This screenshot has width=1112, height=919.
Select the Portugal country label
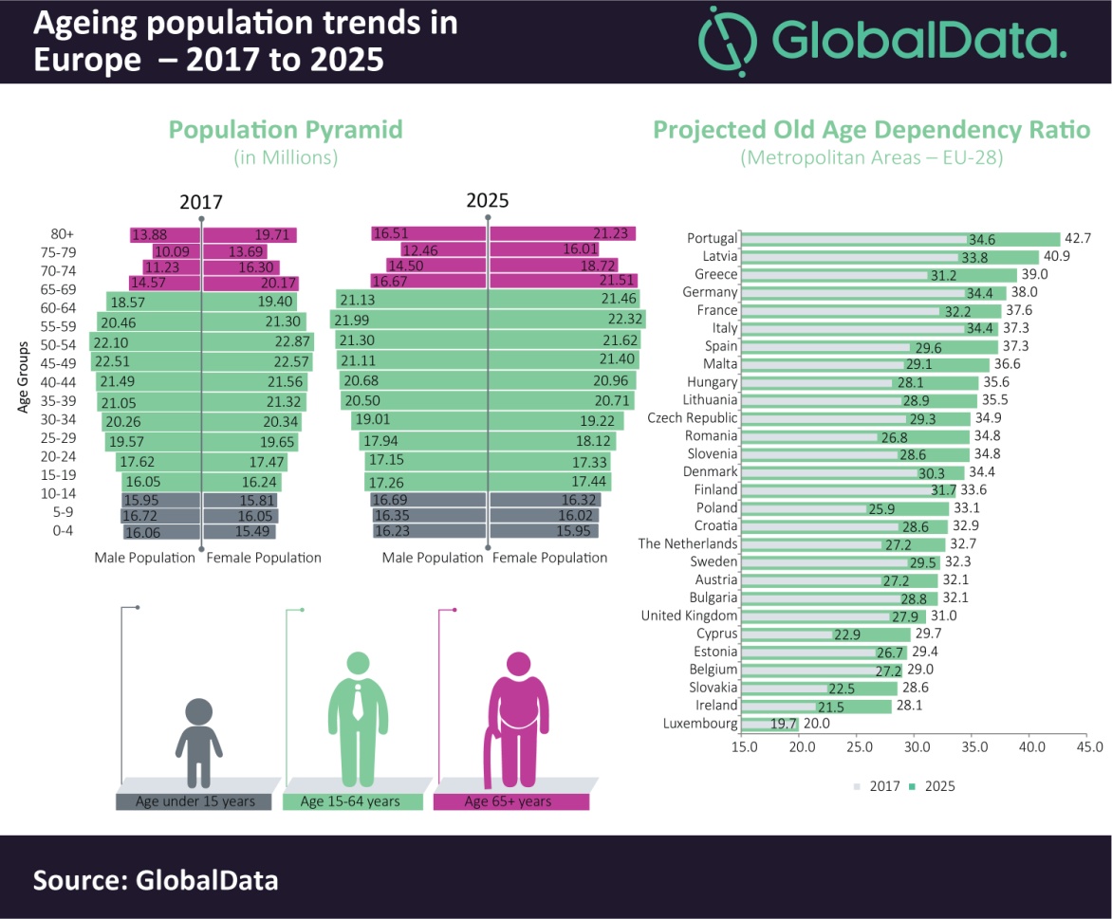(x=712, y=238)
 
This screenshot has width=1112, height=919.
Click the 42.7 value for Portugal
(x=1082, y=238)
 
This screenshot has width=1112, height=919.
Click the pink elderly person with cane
(x=517, y=721)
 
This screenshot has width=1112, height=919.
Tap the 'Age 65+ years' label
(x=508, y=801)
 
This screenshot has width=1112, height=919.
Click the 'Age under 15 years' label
(x=195, y=801)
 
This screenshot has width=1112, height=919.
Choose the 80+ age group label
(x=63, y=234)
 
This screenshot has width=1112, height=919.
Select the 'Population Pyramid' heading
(x=286, y=130)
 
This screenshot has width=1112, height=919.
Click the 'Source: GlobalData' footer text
(x=156, y=879)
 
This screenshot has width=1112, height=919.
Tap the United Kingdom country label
(x=689, y=616)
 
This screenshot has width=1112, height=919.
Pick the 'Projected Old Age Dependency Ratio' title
(x=871, y=130)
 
